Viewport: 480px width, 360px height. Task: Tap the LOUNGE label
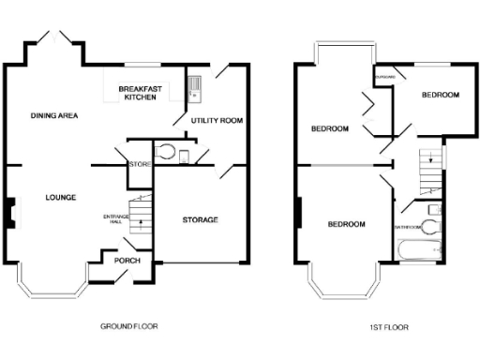click(x=60, y=197)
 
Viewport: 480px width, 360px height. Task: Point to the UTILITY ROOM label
click(x=217, y=121)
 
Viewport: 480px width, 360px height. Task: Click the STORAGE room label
click(x=198, y=219)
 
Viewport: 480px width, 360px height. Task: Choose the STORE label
click(x=141, y=165)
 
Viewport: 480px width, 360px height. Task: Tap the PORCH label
click(x=127, y=262)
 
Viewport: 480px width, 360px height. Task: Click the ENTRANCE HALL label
click(x=114, y=220)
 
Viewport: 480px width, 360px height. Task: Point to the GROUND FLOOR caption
click(x=128, y=326)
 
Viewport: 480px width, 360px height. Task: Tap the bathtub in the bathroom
click(x=419, y=249)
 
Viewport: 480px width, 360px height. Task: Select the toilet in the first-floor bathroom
click(x=429, y=227)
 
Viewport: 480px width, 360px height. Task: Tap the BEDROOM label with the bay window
click(x=346, y=224)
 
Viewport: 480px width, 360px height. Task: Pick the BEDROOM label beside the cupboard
click(x=440, y=96)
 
